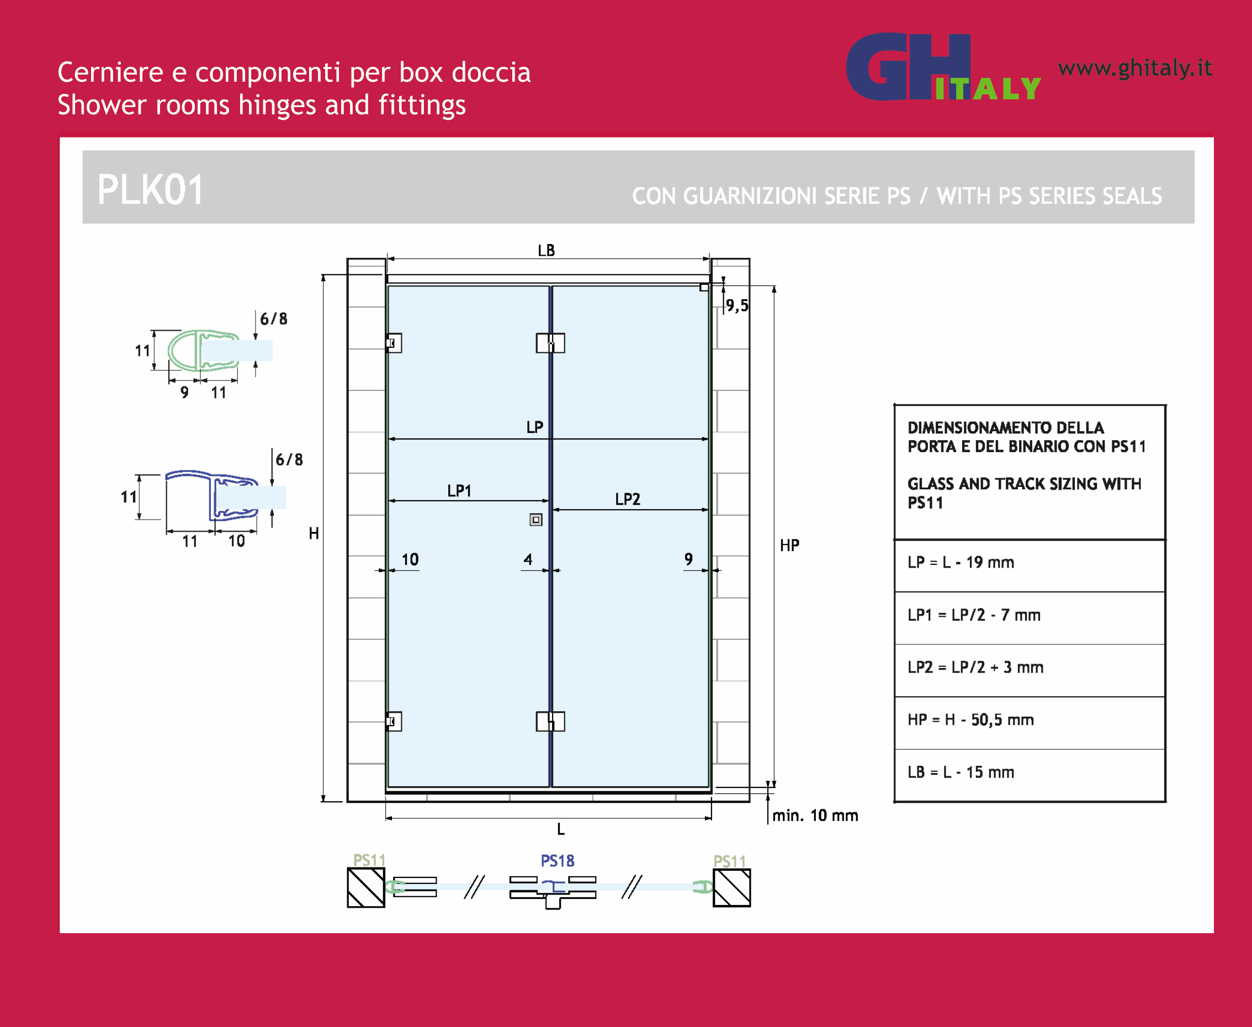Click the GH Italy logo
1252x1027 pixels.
pyautogui.click(x=943, y=66)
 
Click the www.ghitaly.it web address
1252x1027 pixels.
pyautogui.click(x=1135, y=68)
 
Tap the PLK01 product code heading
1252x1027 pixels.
pyautogui.click(x=150, y=190)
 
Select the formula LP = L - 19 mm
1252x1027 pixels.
pyautogui.click(x=961, y=562)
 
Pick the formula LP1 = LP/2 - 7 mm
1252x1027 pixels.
pyautogui.click(x=973, y=615)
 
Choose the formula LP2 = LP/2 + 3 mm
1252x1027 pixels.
pyautogui.click(x=975, y=667)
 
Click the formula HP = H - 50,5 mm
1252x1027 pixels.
pyautogui.click(x=970, y=719)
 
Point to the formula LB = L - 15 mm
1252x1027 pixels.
pyautogui.click(x=961, y=772)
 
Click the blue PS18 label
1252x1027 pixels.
pyautogui.click(x=557, y=861)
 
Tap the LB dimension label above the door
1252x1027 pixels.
pyautogui.click(x=546, y=250)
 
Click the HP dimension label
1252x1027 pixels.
pyautogui.click(x=789, y=545)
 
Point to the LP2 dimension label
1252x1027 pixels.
pyautogui.click(x=627, y=499)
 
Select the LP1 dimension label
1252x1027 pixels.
pyautogui.click(x=459, y=490)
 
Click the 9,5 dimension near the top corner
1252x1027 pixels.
pyautogui.click(x=737, y=305)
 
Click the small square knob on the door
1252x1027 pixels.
pyautogui.click(x=536, y=520)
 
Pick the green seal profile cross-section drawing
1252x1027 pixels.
pyautogui.click(x=204, y=351)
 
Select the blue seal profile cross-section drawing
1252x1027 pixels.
pyautogui.click(x=212, y=496)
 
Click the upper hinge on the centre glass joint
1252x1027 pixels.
pyautogui.click(x=550, y=343)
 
